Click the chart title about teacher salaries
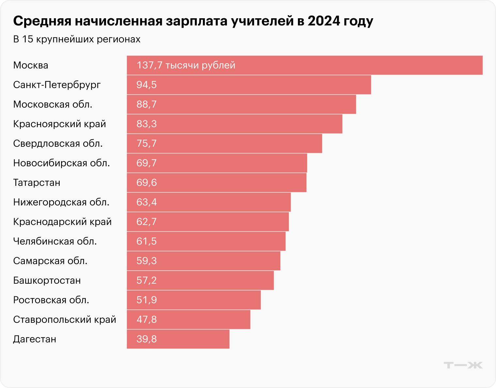(193, 22)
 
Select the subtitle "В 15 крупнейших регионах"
(77, 39)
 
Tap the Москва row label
(31, 65)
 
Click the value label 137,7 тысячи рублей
(186, 65)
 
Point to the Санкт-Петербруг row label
(57, 85)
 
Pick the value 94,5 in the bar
(147, 85)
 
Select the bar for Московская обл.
(241, 104)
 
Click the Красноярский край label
(59, 124)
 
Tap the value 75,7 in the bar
(147, 143)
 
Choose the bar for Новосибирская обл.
(217, 163)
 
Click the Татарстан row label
(37, 183)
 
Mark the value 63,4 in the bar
(147, 202)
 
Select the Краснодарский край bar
(208, 222)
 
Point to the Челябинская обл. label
(55, 241)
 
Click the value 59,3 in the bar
(147, 261)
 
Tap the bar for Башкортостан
(200, 280)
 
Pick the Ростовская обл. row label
(51, 300)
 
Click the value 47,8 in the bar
(147, 320)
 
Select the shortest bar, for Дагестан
(178, 339)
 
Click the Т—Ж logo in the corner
(463, 365)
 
